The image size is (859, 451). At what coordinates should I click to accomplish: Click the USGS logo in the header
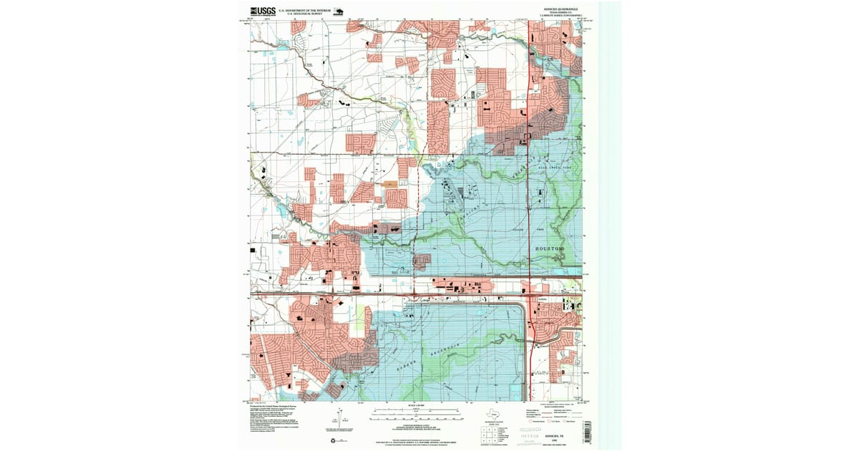point(261,11)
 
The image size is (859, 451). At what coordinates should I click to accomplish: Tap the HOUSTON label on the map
point(550,248)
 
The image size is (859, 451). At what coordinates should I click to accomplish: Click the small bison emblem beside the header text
point(338,11)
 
